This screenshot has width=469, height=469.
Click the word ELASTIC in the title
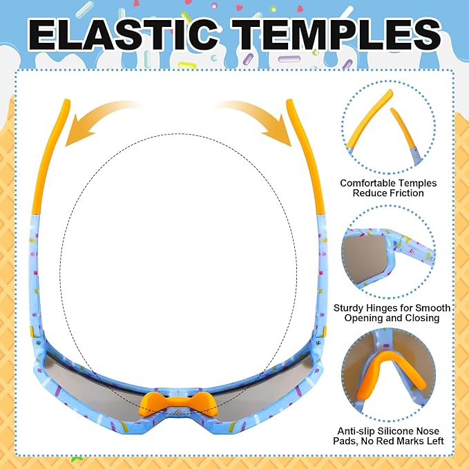pos(123,35)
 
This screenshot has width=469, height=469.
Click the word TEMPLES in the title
pos(336,35)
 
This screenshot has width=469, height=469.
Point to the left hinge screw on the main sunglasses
pos(38,343)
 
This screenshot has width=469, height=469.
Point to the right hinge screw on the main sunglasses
pos(318,342)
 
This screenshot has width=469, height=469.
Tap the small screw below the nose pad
pos(178,412)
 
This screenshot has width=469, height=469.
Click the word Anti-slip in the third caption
pos(355,431)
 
